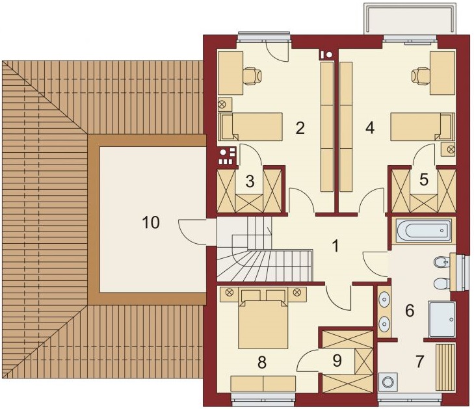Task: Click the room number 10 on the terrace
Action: click(151, 222)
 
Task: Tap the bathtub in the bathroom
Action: click(423, 231)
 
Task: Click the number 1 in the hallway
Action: click(336, 246)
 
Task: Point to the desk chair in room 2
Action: click(252, 75)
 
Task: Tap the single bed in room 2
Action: click(250, 127)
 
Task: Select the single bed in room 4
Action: click(423, 127)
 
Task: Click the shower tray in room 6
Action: click(441, 319)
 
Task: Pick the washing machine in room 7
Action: click(388, 382)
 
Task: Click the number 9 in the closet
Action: click(337, 360)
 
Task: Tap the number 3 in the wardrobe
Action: click(250, 181)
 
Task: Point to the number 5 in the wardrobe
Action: click(424, 179)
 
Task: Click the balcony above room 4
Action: click(410, 19)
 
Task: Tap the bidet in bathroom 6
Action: click(441, 263)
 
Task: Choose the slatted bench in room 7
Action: click(445, 367)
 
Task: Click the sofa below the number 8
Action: click(263, 383)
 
